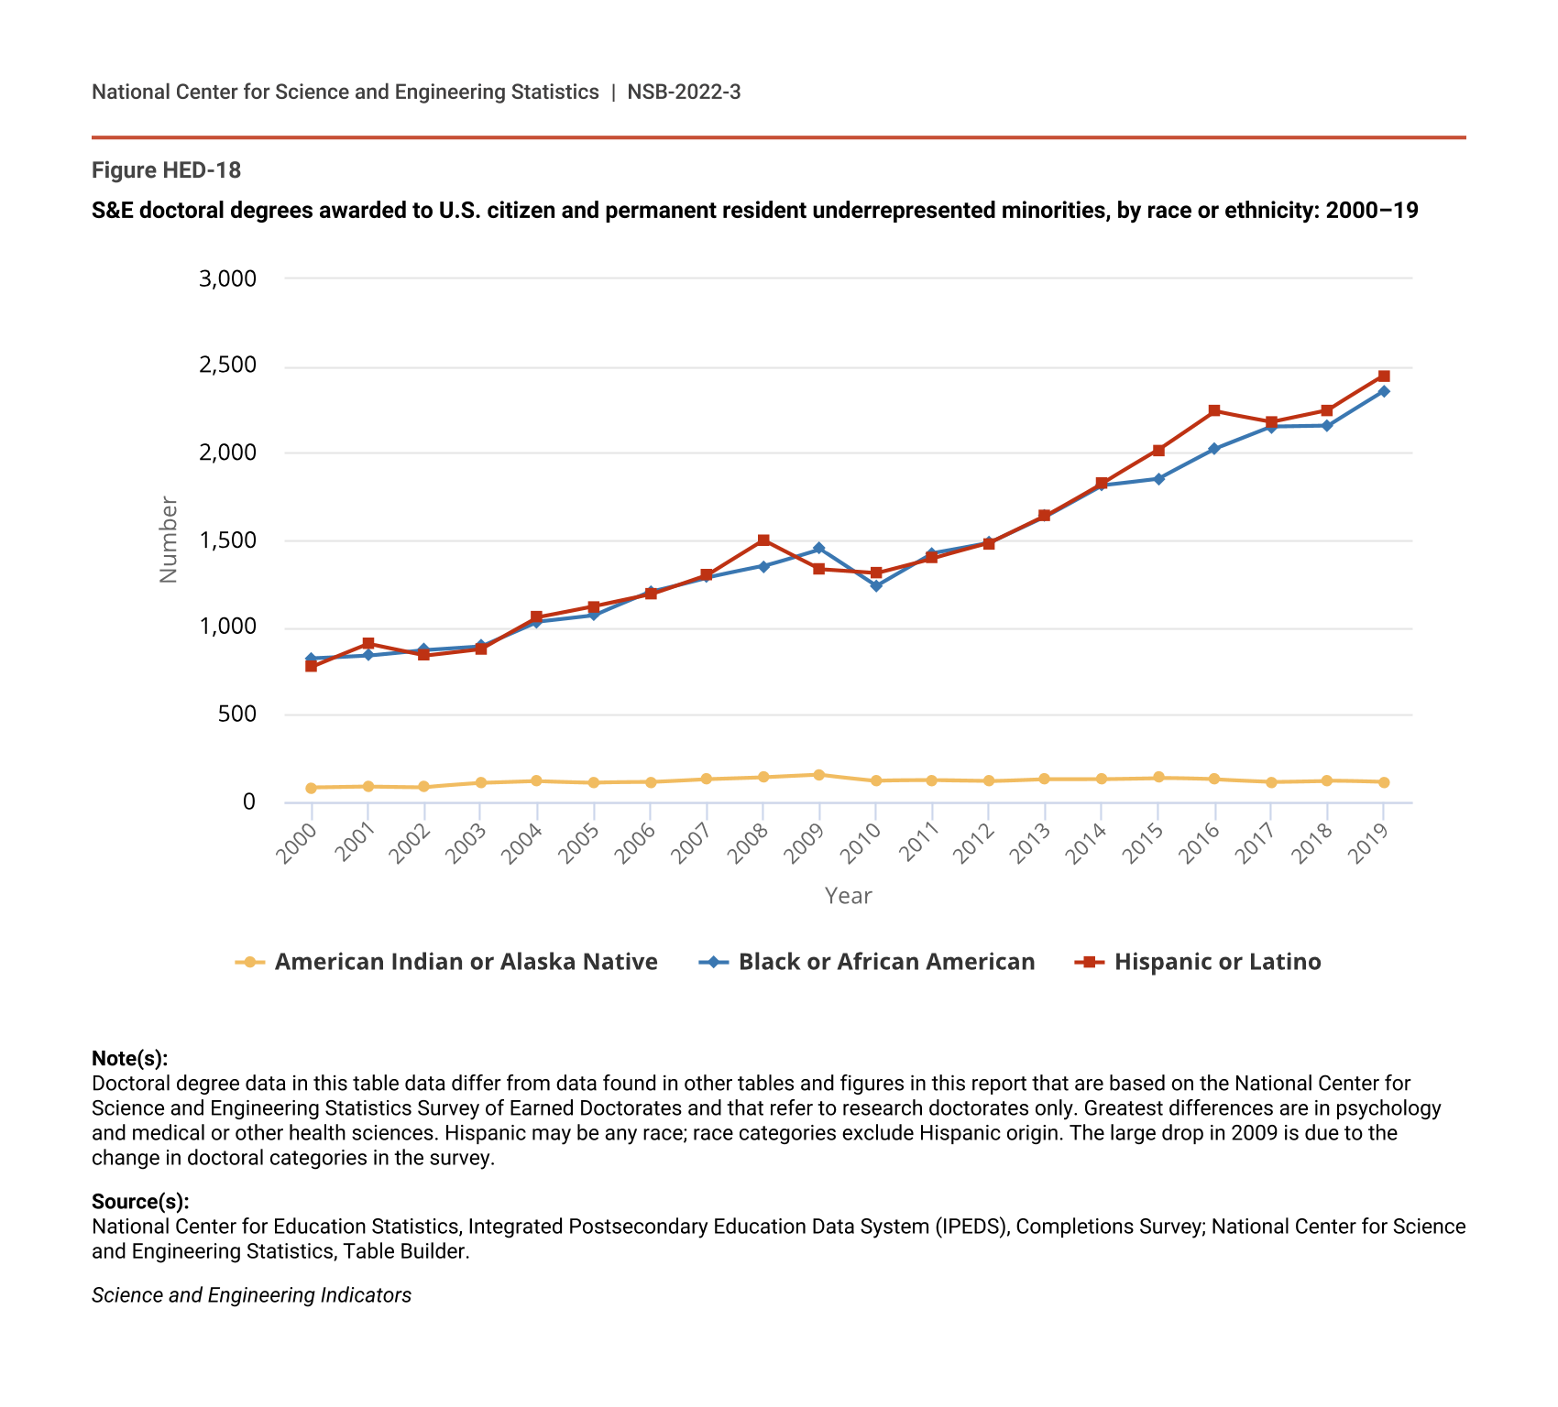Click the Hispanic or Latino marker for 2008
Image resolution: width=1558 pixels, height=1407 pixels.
click(x=763, y=540)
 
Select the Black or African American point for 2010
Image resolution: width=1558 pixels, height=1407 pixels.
click(x=876, y=586)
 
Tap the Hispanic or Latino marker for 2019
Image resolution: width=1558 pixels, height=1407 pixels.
click(x=1384, y=376)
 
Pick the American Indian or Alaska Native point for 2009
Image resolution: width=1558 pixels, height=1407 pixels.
click(x=819, y=775)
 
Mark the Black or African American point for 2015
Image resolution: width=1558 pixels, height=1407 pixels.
click(x=1158, y=479)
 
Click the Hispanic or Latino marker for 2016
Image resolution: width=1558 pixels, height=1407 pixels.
click(x=1214, y=410)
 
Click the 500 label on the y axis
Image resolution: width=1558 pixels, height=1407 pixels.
click(x=236, y=714)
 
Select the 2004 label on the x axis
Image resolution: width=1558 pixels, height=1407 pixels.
click(x=524, y=843)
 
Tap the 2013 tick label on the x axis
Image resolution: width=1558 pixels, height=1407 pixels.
click(x=1032, y=843)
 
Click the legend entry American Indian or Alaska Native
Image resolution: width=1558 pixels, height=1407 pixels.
click(x=466, y=962)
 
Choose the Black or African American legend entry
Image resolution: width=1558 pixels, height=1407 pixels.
click(x=886, y=962)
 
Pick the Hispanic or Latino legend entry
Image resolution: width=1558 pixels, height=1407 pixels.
click(x=1217, y=962)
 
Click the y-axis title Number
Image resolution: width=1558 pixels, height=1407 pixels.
click(x=169, y=540)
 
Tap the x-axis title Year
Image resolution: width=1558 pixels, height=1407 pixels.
click(x=848, y=896)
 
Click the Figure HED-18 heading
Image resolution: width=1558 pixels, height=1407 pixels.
click(x=166, y=170)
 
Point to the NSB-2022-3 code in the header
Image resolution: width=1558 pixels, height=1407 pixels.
click(x=684, y=92)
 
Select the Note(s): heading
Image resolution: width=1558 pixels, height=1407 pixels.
click(x=129, y=1059)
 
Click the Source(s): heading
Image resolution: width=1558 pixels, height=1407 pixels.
click(x=140, y=1202)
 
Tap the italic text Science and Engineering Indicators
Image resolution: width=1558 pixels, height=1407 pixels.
click(x=251, y=1295)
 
